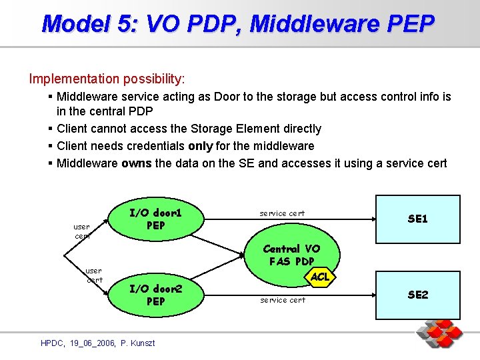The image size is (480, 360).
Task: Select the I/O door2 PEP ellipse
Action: [155, 295]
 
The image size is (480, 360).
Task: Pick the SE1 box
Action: [417, 219]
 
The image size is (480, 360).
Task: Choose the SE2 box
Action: [417, 295]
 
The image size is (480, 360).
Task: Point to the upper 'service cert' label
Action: [282, 213]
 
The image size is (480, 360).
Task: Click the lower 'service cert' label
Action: [283, 300]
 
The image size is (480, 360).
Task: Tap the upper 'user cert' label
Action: [83, 231]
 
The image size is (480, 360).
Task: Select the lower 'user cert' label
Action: [94, 275]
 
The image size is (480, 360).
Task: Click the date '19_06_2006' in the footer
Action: [91, 343]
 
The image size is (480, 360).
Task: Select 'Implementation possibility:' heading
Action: [107, 79]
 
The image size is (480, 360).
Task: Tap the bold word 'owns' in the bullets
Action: [137, 163]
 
